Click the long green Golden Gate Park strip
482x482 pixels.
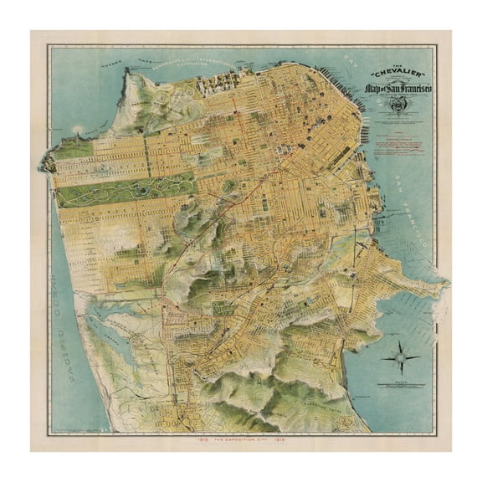126,190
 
